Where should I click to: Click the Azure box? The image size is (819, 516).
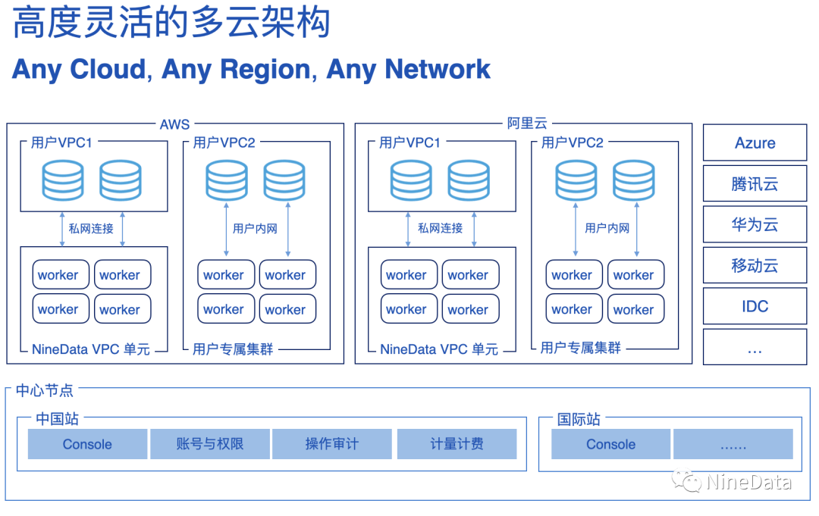point(755,143)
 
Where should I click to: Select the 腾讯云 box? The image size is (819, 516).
point(755,184)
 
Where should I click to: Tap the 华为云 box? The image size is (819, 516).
point(755,225)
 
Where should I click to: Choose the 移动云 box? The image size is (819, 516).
point(755,266)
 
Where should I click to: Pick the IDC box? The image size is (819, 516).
point(755,307)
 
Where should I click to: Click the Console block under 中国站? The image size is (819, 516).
point(87,444)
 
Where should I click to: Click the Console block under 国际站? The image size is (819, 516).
point(610,444)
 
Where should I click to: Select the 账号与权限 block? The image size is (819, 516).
point(209,444)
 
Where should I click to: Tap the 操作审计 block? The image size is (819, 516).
point(331,444)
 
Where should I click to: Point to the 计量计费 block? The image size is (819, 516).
point(457,444)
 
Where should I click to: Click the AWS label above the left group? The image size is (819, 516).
point(174,124)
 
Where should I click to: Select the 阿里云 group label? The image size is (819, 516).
point(527,124)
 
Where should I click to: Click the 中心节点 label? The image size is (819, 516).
point(45,390)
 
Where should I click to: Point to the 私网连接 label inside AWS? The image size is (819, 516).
point(91,228)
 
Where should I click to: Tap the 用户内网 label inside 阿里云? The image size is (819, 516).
point(607,228)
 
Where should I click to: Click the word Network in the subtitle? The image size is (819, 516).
point(438,69)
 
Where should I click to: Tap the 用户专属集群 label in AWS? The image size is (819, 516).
point(233,349)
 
